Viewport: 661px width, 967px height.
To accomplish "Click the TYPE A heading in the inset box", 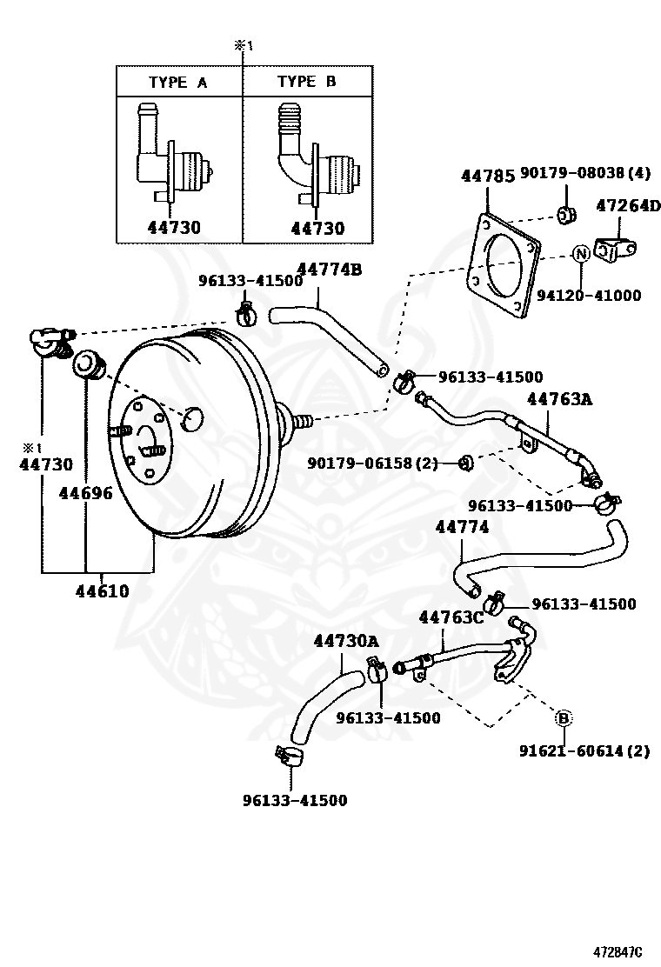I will tap(177, 83).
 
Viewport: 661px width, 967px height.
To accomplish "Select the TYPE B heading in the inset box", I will tap(306, 82).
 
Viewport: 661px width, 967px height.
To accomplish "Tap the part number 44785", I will tap(487, 177).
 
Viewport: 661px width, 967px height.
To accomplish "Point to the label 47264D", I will tap(628, 206).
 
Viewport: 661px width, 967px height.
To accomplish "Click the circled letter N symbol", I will tap(581, 253).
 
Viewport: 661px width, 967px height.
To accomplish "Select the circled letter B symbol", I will tap(564, 718).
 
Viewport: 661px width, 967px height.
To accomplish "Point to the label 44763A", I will tap(559, 399).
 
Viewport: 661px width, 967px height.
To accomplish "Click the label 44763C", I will tap(451, 617).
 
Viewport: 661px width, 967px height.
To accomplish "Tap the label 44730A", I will tap(346, 641).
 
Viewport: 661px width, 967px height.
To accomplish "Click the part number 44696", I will tap(85, 493).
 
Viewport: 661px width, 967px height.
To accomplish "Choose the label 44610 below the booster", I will tap(102, 591).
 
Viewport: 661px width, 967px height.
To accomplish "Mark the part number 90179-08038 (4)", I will tap(585, 174).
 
